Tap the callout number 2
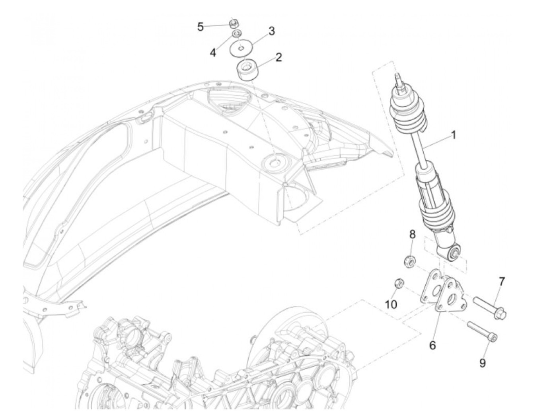(x=278, y=57)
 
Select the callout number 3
(x=271, y=31)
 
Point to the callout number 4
(x=213, y=52)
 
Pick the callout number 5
(x=201, y=27)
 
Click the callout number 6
(x=432, y=345)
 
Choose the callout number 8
(x=412, y=234)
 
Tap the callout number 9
(x=482, y=363)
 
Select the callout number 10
(x=391, y=305)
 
